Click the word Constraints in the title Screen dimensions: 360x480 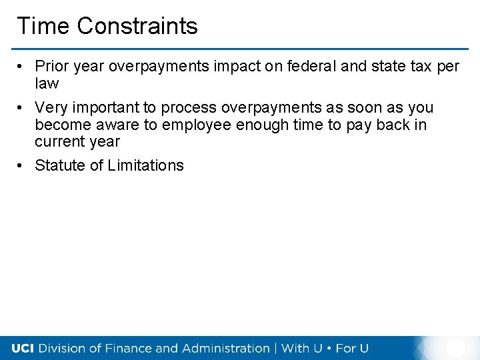click(137, 26)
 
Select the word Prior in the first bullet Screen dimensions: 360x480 click(49, 67)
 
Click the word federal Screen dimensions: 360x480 click(300, 67)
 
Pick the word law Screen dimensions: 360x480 click(47, 84)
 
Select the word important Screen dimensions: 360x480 click(105, 107)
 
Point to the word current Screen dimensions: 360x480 click(59, 142)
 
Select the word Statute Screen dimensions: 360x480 click(59, 165)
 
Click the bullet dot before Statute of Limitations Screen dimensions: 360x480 click(21, 165)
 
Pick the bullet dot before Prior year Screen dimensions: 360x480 click(21, 67)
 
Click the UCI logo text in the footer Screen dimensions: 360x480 click(23, 348)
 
